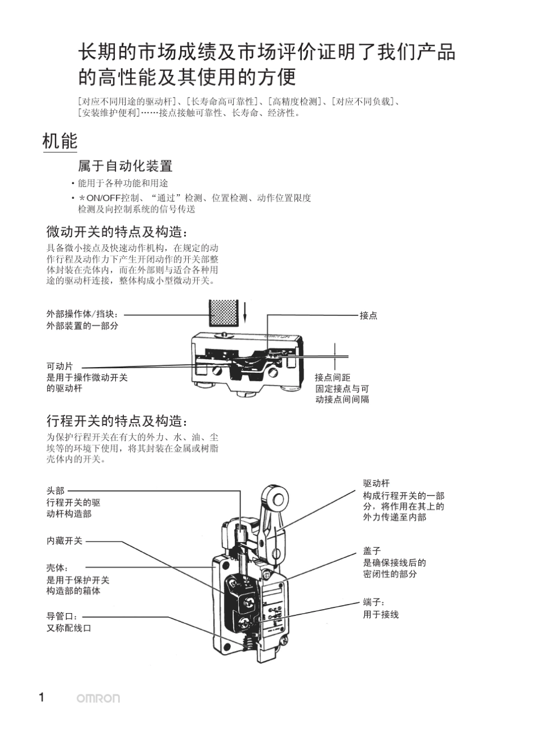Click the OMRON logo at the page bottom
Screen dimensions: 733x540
[98, 698]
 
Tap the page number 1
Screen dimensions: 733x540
[41, 698]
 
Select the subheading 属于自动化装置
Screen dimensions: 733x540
[125, 166]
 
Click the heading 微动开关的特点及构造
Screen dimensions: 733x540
[116, 232]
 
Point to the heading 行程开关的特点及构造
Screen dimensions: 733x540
[116, 421]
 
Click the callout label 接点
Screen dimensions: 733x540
[368, 315]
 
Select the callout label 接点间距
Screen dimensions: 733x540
[333, 377]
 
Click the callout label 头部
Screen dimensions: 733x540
[56, 490]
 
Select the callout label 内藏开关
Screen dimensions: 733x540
[64, 541]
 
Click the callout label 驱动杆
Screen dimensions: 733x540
[376, 484]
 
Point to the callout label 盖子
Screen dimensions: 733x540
[372, 551]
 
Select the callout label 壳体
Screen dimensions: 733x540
[57, 568]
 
